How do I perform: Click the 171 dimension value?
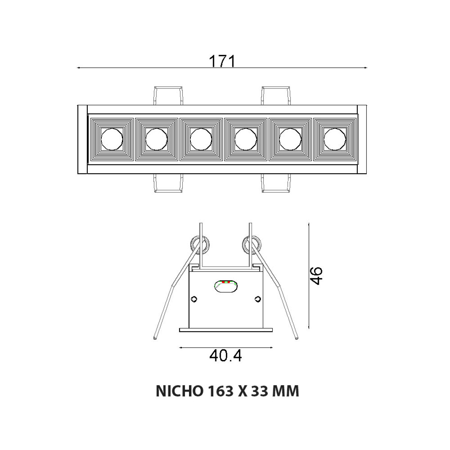tap(222, 61)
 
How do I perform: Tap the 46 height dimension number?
tap(316, 276)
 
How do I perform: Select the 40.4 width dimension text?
tap(226, 355)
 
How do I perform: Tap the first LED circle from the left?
tap(112, 139)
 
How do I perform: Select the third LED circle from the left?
tap(201, 139)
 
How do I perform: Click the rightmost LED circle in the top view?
tap(335, 139)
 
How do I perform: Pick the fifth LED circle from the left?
tap(290, 139)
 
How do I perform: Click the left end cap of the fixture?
tap(82, 139)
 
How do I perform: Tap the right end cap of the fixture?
tap(362, 139)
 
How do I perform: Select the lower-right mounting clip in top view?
tap(276, 183)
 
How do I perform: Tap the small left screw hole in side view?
tap(194, 299)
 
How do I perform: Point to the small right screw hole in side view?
tap(257, 299)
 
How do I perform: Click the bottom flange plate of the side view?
tap(226, 330)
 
